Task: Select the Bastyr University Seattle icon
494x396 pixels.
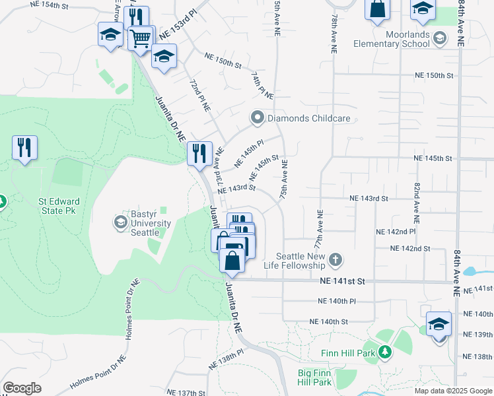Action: [121, 221]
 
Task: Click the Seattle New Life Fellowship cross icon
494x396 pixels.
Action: [335, 259]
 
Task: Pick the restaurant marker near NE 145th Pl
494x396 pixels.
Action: [199, 154]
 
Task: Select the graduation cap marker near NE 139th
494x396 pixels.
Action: [439, 324]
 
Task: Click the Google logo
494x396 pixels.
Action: [22, 388]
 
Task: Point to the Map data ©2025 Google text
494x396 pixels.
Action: [452, 390]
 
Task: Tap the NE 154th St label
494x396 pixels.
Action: [50, 5]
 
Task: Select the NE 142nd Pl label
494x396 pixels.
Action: [395, 232]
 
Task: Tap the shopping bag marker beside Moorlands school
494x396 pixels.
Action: [376, 10]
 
